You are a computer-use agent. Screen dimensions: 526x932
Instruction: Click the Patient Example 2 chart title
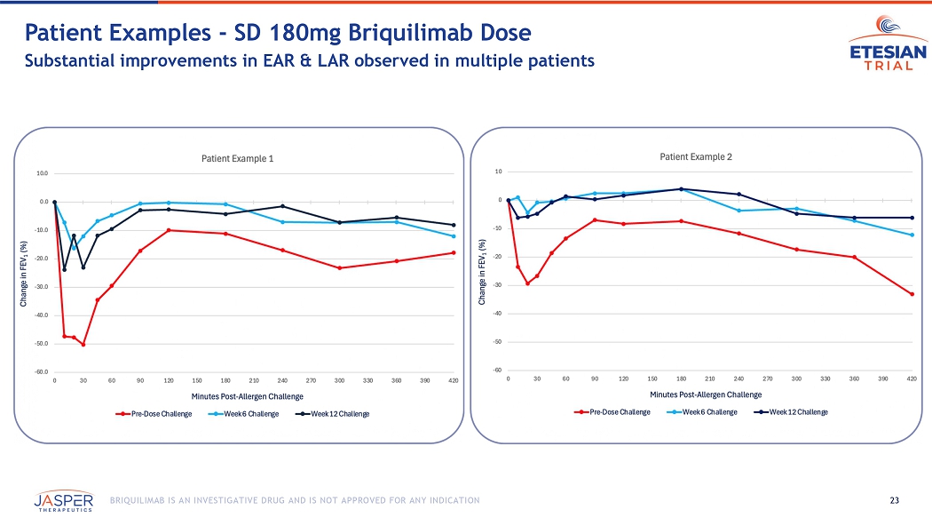(696, 156)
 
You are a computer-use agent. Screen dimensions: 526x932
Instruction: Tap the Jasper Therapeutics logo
(64, 502)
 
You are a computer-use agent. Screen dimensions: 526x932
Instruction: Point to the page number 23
(894, 501)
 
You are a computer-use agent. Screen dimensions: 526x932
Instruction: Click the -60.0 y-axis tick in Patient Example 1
(43, 372)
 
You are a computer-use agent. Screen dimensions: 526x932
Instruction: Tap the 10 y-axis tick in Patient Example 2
(499, 171)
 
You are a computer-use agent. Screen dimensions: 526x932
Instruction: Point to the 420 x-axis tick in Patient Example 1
(454, 380)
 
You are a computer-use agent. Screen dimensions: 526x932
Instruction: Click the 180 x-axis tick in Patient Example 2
(681, 379)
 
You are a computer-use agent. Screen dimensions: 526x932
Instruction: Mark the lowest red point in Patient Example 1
(83, 344)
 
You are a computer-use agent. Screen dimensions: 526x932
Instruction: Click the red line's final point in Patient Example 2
(912, 294)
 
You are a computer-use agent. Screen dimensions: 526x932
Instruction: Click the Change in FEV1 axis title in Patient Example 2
(483, 272)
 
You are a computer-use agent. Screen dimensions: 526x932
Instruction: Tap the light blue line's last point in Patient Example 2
(912, 235)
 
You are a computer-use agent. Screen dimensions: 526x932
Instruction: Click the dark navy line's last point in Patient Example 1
(454, 225)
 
